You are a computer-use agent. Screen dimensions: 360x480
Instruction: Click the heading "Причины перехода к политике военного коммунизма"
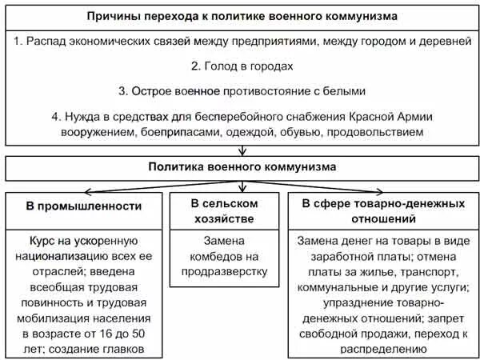240,15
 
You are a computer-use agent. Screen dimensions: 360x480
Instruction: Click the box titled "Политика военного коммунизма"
240,167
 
